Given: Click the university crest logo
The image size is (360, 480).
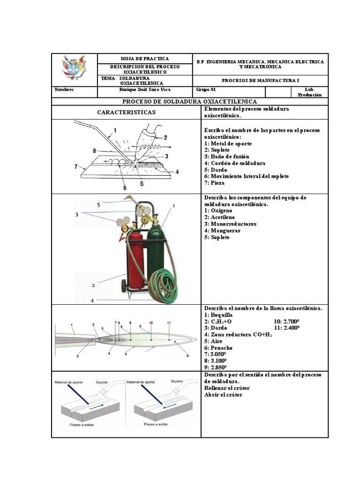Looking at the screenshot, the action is point(74,68).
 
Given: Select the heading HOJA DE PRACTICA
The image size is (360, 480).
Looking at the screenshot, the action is point(145,59).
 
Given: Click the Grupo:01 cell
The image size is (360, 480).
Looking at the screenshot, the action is point(207,89).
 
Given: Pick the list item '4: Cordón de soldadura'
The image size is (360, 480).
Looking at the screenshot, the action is point(235,163).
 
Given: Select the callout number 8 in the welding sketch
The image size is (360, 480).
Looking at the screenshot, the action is point(94,150).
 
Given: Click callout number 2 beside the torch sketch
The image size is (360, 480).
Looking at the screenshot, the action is point(165,137).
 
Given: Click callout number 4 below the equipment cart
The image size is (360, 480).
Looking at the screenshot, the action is point(92,300).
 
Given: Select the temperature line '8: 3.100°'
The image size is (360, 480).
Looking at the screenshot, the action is point(216,361).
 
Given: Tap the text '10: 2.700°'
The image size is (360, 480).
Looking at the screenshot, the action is point(287,322).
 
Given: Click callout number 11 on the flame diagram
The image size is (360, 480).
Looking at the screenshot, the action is point(169,322).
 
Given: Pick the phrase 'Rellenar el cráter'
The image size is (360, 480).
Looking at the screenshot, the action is point(227,388).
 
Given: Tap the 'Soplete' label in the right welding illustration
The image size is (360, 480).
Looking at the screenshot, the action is point(177,382).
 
